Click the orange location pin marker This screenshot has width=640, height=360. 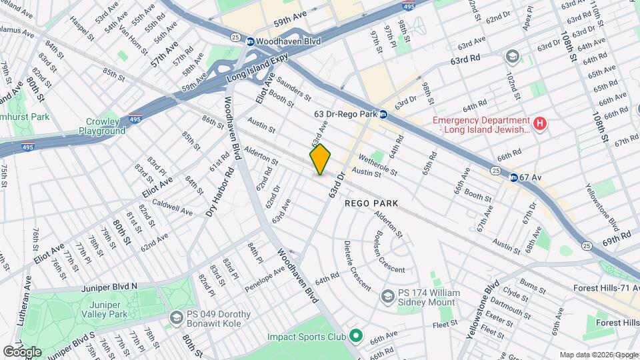(321, 159)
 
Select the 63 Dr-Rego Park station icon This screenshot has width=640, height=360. (383, 115)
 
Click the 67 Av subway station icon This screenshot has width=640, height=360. (513, 177)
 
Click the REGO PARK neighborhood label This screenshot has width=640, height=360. (371, 203)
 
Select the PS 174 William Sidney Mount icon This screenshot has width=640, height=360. (387, 295)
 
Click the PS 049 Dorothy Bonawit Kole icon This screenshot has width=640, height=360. (176, 317)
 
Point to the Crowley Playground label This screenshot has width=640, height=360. (105, 127)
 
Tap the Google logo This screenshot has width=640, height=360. (22, 351)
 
